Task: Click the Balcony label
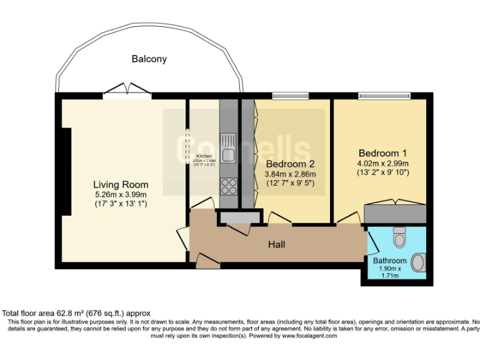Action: [x=149, y=59]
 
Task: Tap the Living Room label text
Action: [x=121, y=184]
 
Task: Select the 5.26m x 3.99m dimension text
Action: [x=121, y=194]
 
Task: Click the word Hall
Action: [x=276, y=244]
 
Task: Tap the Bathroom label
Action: [x=390, y=261]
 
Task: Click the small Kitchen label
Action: [x=204, y=156]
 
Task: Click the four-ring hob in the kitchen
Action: [x=228, y=186]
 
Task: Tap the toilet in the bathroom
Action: [x=399, y=237]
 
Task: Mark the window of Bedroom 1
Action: [x=384, y=96]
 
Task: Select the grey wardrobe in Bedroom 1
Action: [x=395, y=213]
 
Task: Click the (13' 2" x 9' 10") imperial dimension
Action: [x=382, y=172]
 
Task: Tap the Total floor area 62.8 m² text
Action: [x=76, y=313]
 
